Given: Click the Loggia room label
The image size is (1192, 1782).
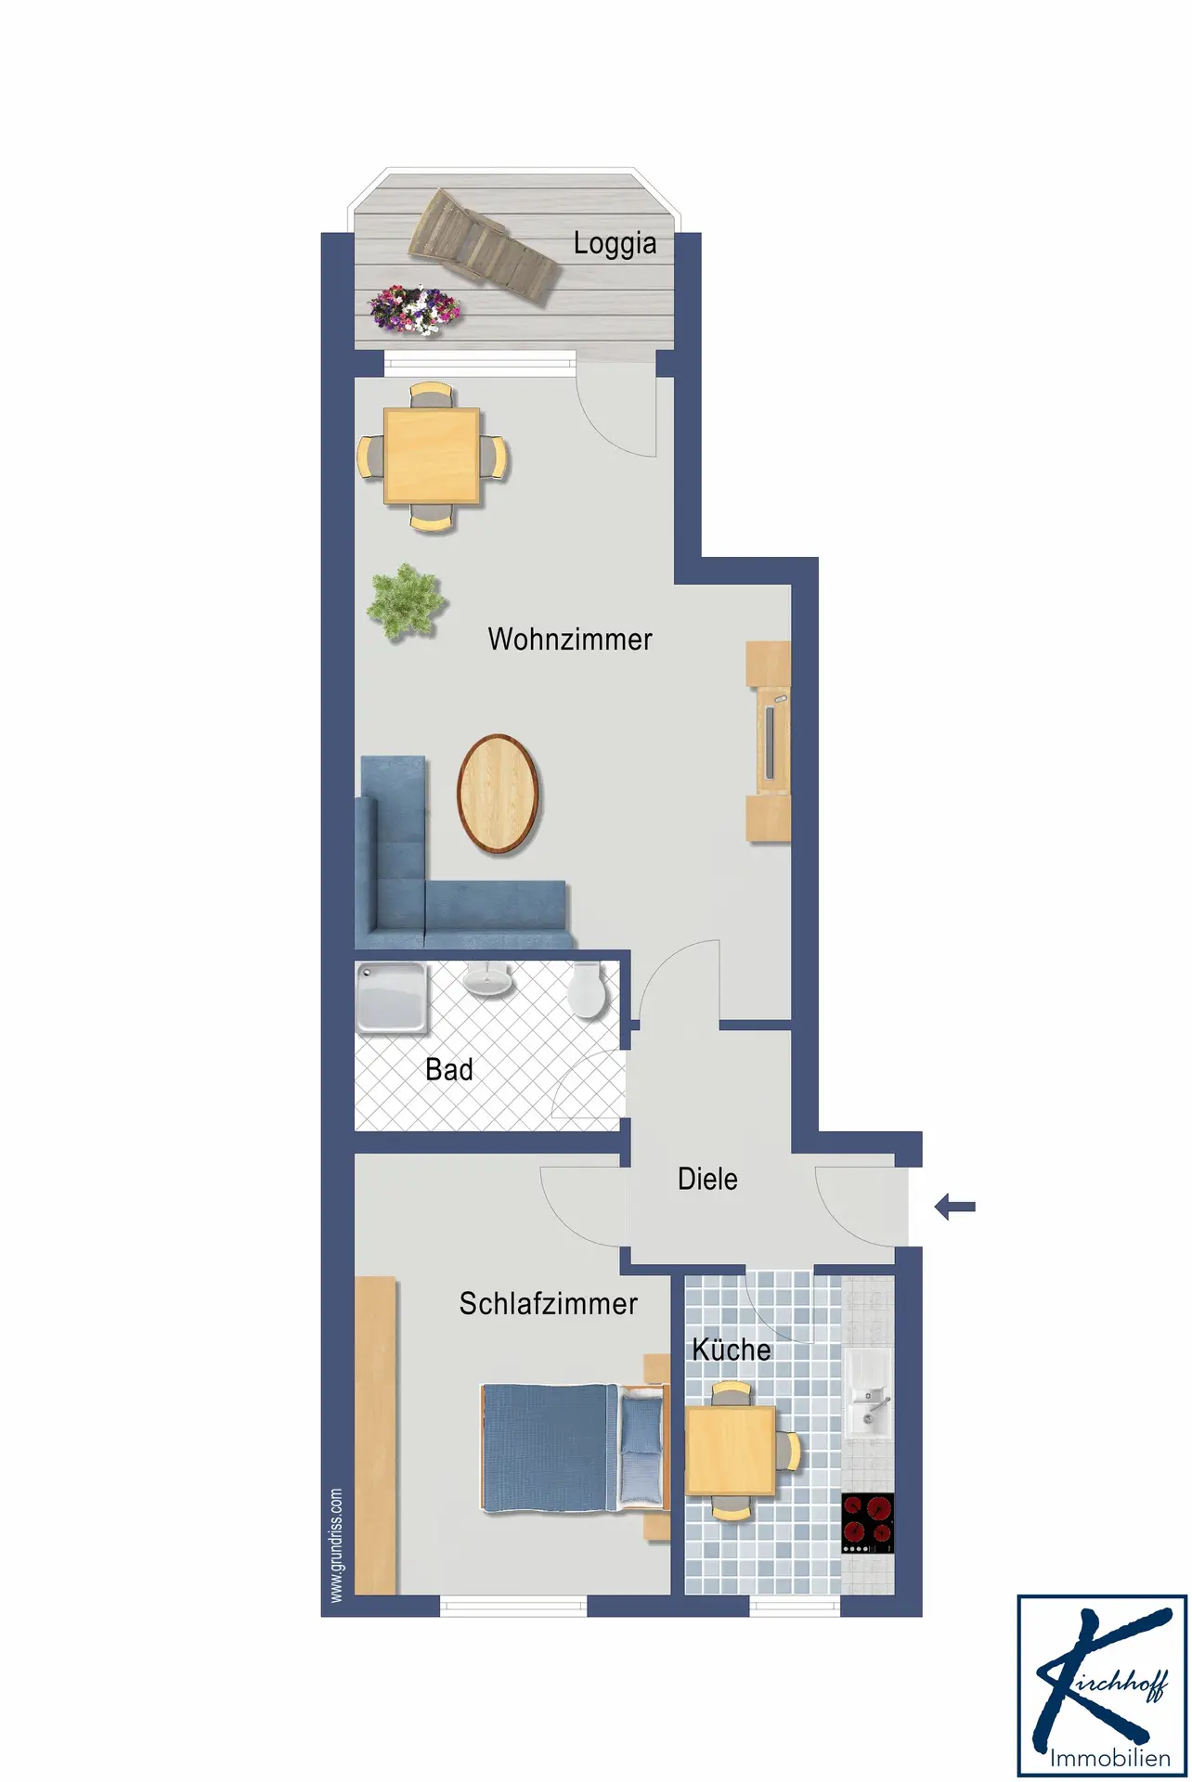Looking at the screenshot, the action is (615, 244).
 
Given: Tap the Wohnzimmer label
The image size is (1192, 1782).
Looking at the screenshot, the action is (570, 639).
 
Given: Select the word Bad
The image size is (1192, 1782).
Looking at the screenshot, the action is (449, 1070).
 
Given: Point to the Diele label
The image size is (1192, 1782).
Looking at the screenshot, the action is (707, 1180).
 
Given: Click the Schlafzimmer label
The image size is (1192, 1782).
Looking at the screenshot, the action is (549, 1304).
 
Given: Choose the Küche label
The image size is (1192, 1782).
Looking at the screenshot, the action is (732, 1349).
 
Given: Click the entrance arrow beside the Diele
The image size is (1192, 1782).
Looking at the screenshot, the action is (954, 1207).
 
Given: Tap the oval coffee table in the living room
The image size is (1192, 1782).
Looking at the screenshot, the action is (499, 794).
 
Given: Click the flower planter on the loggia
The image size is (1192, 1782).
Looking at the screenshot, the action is (414, 309).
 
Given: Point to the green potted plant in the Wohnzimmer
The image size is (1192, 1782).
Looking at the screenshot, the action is (406, 601).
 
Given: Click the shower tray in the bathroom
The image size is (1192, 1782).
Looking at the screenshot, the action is (393, 999).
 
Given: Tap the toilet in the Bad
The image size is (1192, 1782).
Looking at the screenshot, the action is (588, 990).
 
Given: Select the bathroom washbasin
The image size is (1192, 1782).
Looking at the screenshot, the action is (487, 979).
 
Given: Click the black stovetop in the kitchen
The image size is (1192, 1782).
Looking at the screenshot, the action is (868, 1523).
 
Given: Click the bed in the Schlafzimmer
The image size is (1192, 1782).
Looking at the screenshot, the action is (576, 1447).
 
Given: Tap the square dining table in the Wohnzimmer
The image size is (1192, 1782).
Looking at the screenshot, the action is (433, 457).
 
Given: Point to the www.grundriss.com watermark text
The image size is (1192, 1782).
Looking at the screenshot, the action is (336, 1545).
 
